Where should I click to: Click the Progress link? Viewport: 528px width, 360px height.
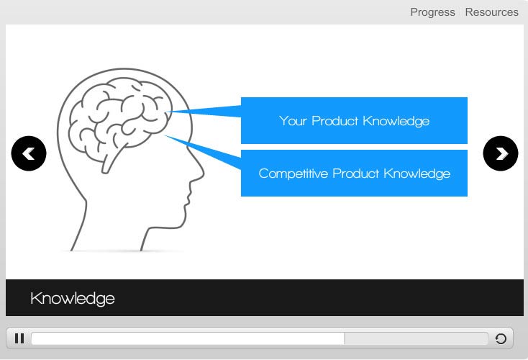tap(432, 12)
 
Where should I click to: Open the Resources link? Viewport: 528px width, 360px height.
tap(491, 12)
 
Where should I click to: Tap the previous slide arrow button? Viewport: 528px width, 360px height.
tap(29, 153)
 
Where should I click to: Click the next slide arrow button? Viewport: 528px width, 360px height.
tap(501, 153)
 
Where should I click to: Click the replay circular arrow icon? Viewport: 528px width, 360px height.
tap(501, 338)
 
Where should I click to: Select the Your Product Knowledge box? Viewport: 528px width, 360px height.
tap(354, 120)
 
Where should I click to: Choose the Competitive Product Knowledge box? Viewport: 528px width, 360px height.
tap(354, 173)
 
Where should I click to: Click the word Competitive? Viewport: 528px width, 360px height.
tap(293, 174)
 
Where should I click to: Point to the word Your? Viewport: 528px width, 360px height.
tap(293, 121)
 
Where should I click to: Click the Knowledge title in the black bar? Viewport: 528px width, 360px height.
tap(73, 299)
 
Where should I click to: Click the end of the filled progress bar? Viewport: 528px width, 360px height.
tap(344, 338)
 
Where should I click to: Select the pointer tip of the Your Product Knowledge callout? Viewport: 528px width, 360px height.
tap(168, 111)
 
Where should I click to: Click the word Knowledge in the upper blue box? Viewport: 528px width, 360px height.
tap(396, 121)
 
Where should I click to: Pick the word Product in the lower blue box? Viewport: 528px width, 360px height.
tap(356, 174)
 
